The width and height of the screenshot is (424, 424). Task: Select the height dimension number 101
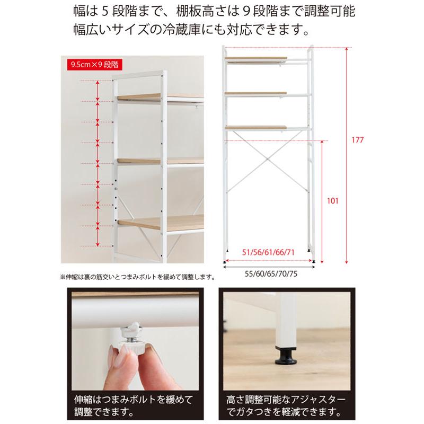[x=333, y=201]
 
